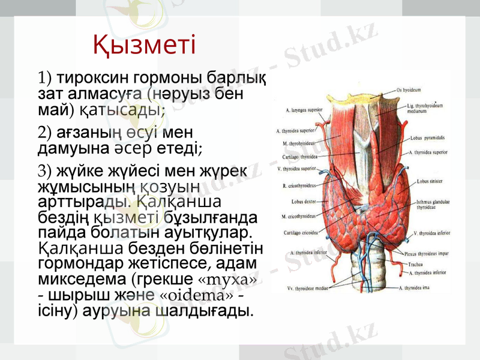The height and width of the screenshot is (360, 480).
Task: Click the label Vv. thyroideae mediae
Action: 308,289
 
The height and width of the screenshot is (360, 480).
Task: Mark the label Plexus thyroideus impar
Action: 425,253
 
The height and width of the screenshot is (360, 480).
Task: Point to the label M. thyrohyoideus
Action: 298,144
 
